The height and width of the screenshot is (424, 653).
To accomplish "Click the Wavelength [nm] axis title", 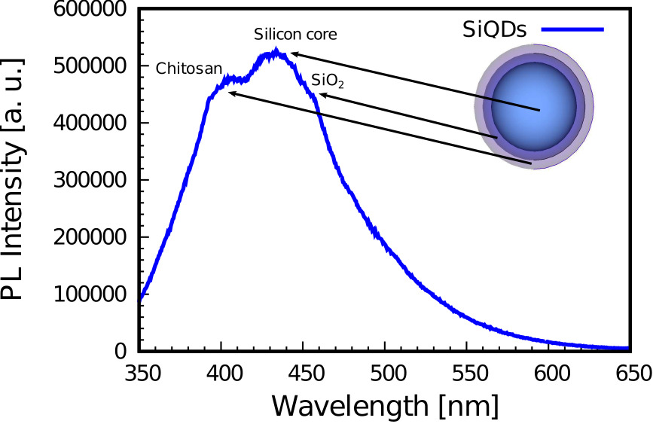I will (x=384, y=406).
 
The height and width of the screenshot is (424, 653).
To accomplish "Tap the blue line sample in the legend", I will (x=581, y=30).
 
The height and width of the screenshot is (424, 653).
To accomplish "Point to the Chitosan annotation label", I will (x=189, y=69).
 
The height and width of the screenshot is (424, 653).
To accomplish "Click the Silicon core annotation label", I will (x=295, y=35).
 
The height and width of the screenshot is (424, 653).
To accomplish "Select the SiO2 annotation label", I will (x=327, y=80).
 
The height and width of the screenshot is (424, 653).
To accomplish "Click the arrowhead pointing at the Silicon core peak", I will (x=294, y=53).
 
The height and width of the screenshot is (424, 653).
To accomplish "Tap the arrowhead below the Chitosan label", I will (x=231, y=92).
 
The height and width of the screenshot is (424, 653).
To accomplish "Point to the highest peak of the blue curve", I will (x=276, y=51).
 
